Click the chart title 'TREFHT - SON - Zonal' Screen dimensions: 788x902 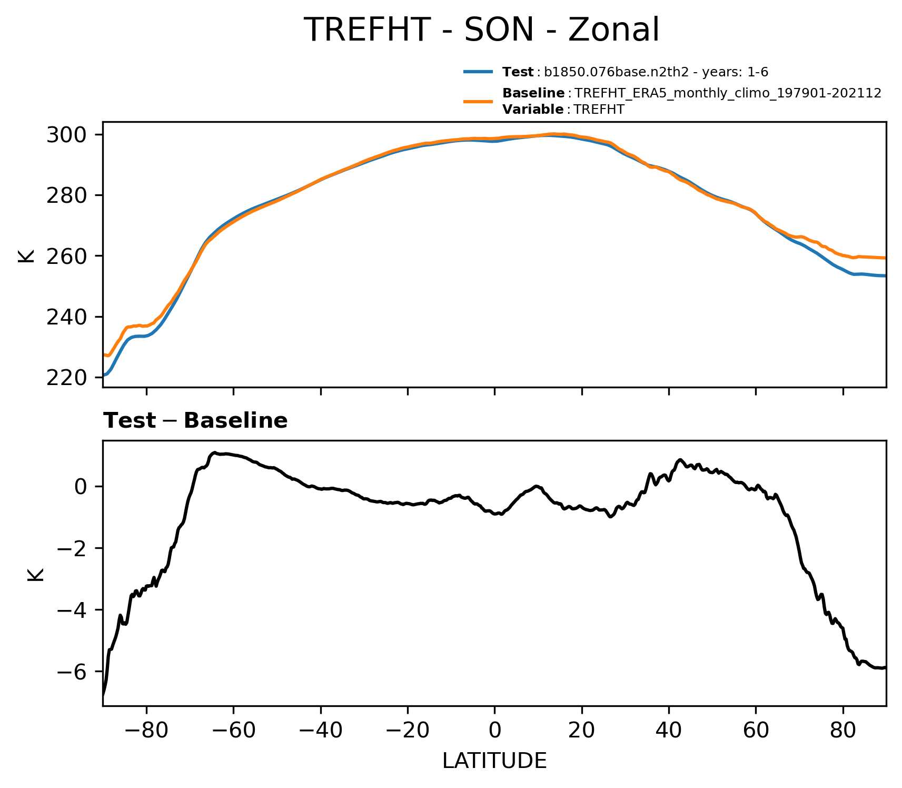[x=482, y=30]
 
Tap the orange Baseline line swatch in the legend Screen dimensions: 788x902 [x=478, y=101]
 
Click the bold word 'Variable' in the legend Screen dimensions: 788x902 [x=533, y=110]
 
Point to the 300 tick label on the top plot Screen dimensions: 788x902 [x=66, y=135]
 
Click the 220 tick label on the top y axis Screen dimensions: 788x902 [x=66, y=378]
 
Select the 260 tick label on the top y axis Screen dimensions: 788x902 [x=66, y=257]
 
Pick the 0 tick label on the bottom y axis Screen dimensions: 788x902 [x=81, y=487]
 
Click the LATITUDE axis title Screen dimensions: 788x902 [x=494, y=761]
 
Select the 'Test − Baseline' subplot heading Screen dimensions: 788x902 [x=195, y=421]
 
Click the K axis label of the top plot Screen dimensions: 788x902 [x=26, y=255]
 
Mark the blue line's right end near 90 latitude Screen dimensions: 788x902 [x=885, y=275]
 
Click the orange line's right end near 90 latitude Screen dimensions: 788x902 [x=885, y=258]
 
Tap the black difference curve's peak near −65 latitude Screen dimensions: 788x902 [x=215, y=452]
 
